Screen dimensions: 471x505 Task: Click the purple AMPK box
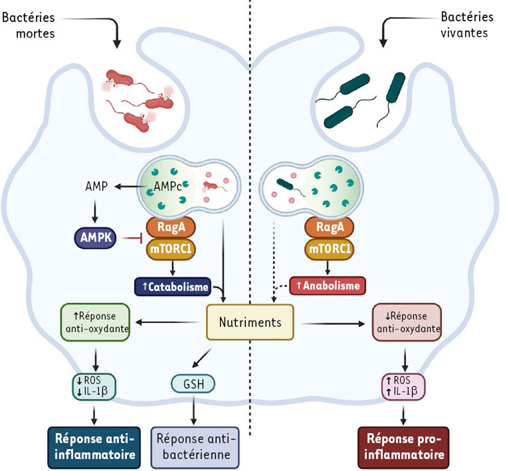pos(96,237)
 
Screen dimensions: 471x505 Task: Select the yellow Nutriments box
pos(250,322)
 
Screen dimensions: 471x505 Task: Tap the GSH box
pos(193,384)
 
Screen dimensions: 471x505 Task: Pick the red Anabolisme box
pos(327,285)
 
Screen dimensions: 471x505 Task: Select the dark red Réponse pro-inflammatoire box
pos(404,447)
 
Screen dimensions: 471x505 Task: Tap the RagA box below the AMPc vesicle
pos(171,227)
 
